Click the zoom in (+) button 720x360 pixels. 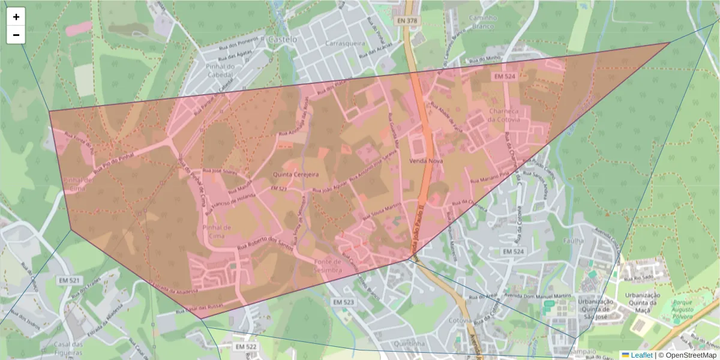pos(16,17)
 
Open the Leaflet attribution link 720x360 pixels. pos(641,355)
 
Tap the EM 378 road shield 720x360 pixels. pos(406,20)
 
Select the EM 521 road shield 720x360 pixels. pos(70,280)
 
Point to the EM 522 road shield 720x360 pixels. pos(246,347)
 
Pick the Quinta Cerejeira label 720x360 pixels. pos(295,174)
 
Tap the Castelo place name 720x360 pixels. pos(283,39)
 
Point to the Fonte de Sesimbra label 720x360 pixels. pos(327,266)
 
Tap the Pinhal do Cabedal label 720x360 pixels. pos(218,71)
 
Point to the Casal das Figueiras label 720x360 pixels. pos(68,348)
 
